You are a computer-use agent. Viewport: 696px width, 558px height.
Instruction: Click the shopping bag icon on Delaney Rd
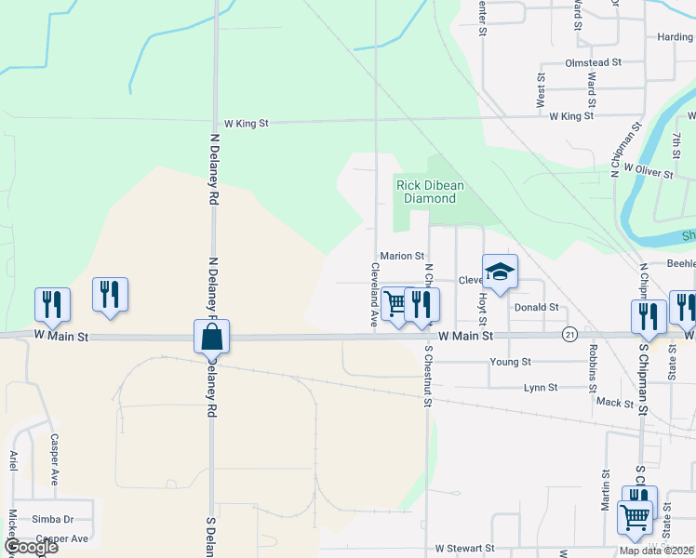[212, 337]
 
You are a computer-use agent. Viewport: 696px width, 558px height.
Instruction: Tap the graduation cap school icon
[500, 272]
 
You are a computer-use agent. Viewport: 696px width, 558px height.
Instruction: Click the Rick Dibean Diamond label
[429, 192]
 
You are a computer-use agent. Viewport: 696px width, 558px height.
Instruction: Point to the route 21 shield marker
[570, 334]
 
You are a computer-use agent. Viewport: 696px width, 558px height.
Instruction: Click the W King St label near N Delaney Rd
[246, 123]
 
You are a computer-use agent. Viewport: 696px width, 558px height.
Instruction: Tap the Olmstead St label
[593, 62]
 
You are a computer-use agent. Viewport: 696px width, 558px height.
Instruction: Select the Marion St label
[402, 256]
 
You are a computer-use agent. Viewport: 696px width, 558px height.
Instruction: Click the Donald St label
[536, 307]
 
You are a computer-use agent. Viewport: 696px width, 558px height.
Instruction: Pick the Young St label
[512, 361]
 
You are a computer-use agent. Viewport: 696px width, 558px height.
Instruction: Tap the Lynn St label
[541, 387]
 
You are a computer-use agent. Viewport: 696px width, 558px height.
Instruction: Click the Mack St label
[614, 403]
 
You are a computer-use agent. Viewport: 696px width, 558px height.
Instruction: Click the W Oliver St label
[649, 169]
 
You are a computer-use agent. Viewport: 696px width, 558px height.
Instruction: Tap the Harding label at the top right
[676, 37]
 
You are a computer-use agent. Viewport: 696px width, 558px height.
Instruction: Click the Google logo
[30, 547]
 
